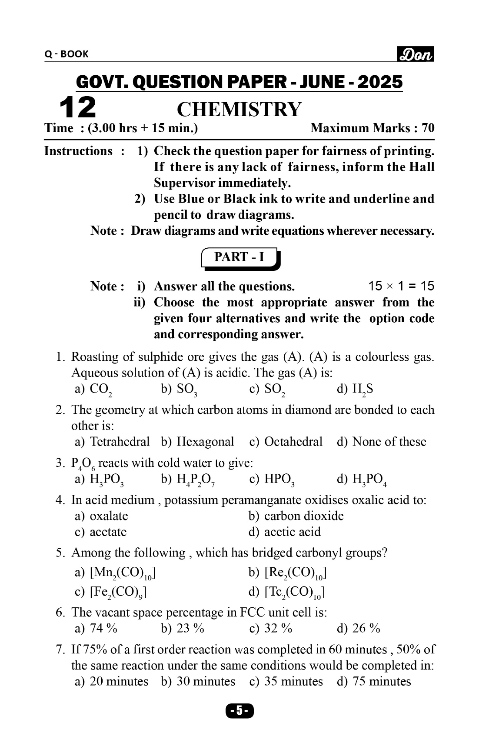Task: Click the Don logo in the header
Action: tap(416, 54)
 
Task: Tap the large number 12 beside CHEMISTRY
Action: tap(77, 107)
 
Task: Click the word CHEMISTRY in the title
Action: tap(239, 109)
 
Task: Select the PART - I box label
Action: tap(239, 257)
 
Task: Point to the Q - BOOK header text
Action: tap(67, 54)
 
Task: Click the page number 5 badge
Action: tap(239, 711)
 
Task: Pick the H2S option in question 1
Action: tap(355, 390)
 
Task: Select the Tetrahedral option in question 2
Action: tap(112, 442)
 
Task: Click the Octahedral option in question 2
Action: tap(286, 442)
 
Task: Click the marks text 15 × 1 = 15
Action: tap(401, 286)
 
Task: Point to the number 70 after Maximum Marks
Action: tap(428, 128)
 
